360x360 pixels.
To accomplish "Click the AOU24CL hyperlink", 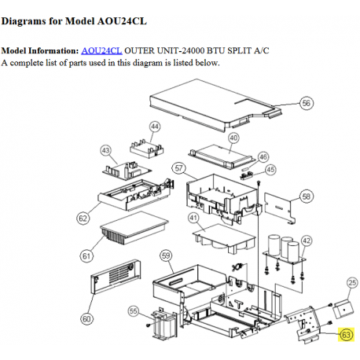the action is (101, 50).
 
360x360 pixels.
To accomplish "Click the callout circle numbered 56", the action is (306, 103).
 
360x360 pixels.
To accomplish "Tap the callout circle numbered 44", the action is (155, 127).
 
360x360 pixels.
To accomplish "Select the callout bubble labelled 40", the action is (233, 138).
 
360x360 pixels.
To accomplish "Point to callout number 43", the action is (105, 151).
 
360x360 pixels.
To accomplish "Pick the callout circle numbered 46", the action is (263, 157).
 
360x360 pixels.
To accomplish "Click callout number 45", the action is (270, 170).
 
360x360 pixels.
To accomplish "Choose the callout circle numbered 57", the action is (178, 168).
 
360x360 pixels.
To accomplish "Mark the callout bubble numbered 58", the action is (306, 197).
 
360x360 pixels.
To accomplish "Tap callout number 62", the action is (83, 219).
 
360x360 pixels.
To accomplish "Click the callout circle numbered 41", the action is (193, 218).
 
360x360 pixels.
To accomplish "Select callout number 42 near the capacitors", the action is (307, 241).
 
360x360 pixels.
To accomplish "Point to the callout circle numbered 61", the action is (86, 256).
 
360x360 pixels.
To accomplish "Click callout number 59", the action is (166, 255).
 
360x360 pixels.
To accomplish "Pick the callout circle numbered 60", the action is (86, 319).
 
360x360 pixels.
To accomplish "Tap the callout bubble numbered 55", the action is (133, 311).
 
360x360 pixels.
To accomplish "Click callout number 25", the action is (352, 283).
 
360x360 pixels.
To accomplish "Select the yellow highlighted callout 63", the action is (346, 335).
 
